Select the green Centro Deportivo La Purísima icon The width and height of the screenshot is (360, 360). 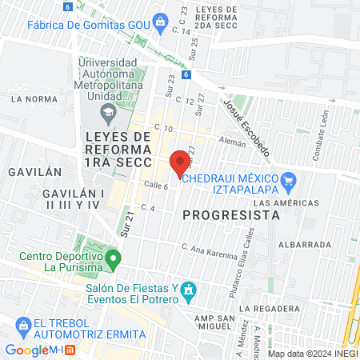pyautogui.click(x=114, y=258)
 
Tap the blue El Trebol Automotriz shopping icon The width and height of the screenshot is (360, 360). pyautogui.click(x=21, y=323)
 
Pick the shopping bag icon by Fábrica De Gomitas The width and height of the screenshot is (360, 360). pyautogui.click(x=162, y=21)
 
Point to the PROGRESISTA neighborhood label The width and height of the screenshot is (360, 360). pyautogui.click(x=231, y=214)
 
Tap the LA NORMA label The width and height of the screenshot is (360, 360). pyautogui.click(x=31, y=100)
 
